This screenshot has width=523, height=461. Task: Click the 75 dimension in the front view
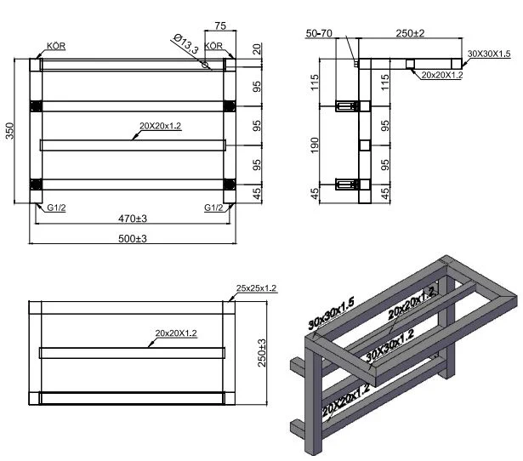[219, 26]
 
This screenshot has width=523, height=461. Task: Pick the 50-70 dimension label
[320, 32]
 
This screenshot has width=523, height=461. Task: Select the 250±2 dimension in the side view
[410, 32]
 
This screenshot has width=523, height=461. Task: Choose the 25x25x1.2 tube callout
[256, 288]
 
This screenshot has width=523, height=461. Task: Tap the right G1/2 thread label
[213, 208]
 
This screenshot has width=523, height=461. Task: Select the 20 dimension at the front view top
[257, 48]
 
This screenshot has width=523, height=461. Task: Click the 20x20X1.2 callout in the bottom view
[176, 334]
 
